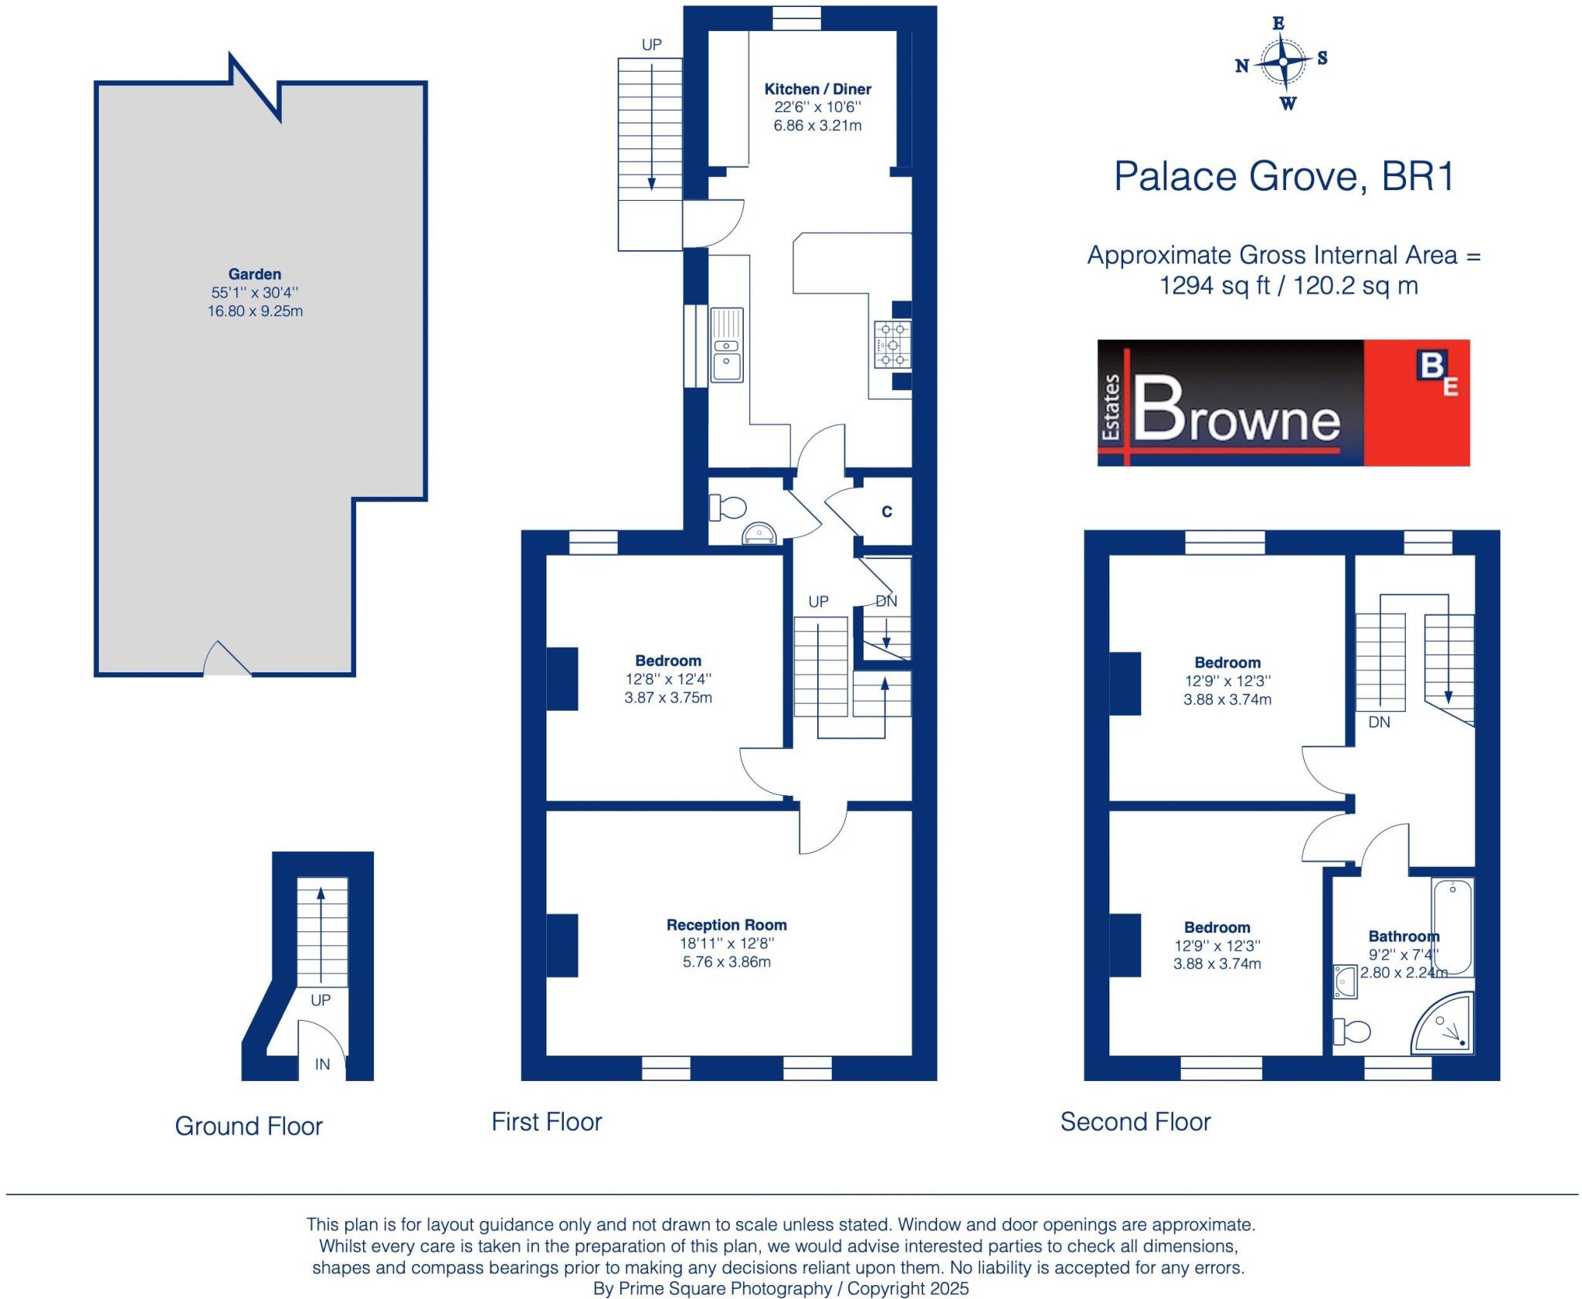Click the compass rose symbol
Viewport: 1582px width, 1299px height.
[x=1283, y=61]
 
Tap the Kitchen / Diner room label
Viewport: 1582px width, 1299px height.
[x=817, y=89]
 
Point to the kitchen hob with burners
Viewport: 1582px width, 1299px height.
[x=892, y=345]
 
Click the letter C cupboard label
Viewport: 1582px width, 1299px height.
[x=887, y=512]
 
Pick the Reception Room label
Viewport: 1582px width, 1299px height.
[x=726, y=925]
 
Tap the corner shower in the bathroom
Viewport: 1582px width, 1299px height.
[x=1442, y=1023]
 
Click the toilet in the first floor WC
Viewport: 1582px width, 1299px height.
[x=728, y=508]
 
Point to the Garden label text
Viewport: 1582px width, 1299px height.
[x=255, y=274]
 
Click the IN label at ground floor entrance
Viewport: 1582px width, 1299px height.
[x=322, y=1064]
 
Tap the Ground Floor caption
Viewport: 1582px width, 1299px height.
[x=249, y=1126]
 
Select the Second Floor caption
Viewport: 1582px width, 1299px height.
[x=1135, y=1121]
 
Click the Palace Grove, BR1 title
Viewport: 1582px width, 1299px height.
[x=1284, y=176]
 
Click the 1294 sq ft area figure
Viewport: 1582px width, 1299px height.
[x=1214, y=286]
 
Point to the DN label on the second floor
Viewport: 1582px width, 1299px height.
[x=1379, y=722]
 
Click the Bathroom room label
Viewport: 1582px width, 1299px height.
[x=1404, y=937]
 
